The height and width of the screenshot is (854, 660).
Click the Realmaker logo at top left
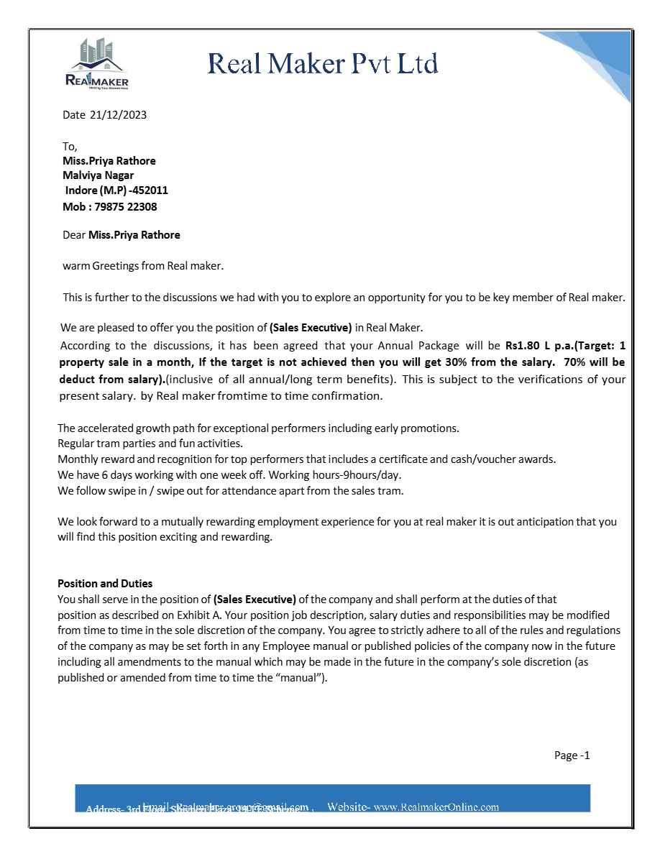pyautogui.click(x=97, y=64)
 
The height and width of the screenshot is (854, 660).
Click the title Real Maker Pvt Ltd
pyautogui.click(x=323, y=64)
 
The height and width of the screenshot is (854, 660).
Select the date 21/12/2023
pyautogui.click(x=118, y=114)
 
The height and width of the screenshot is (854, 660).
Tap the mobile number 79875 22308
pyautogui.click(x=125, y=207)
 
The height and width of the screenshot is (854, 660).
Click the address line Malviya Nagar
pyautogui.click(x=98, y=175)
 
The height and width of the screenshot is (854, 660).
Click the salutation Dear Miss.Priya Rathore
pyautogui.click(x=122, y=235)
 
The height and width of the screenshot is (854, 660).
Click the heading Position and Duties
pyautogui.click(x=105, y=584)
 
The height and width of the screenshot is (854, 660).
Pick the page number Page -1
pyautogui.click(x=572, y=755)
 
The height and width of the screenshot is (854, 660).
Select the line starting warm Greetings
pyautogui.click(x=144, y=266)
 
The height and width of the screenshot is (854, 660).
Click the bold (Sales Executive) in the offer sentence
pyautogui.click(x=311, y=328)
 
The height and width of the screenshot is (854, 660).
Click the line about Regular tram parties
pyautogui.click(x=150, y=444)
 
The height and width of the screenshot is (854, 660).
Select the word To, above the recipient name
pyautogui.click(x=70, y=146)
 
